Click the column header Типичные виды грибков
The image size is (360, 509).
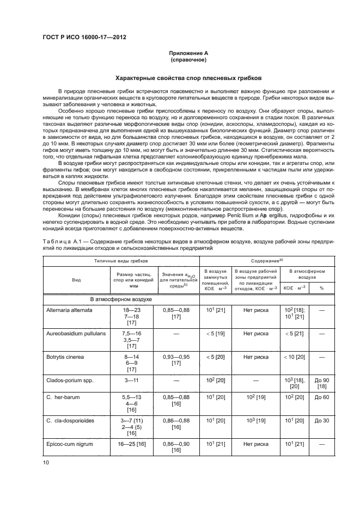(x=112, y=261)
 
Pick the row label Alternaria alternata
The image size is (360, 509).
(x=69, y=310)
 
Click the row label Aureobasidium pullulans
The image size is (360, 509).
(x=75, y=332)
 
